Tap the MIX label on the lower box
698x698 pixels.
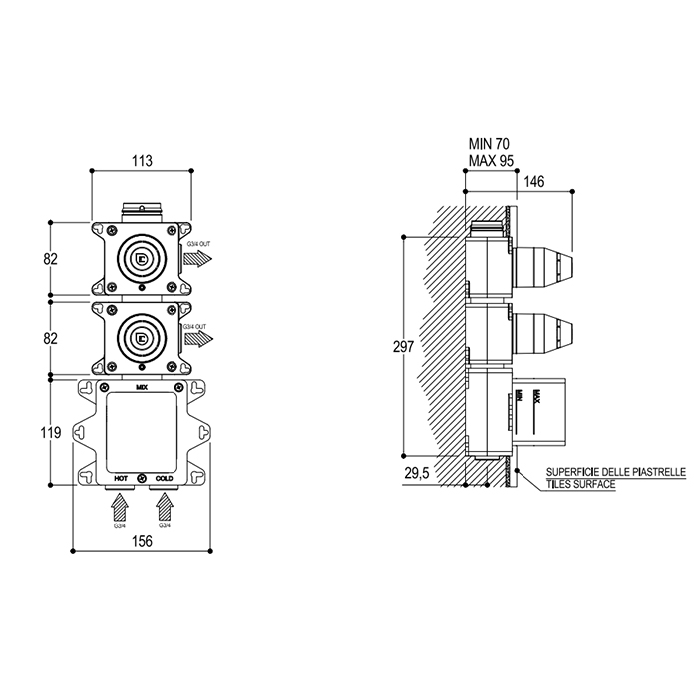click(x=142, y=384)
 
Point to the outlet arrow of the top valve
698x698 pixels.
click(x=199, y=259)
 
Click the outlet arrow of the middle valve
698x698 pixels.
click(x=199, y=340)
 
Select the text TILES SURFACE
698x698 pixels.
click(x=580, y=484)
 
